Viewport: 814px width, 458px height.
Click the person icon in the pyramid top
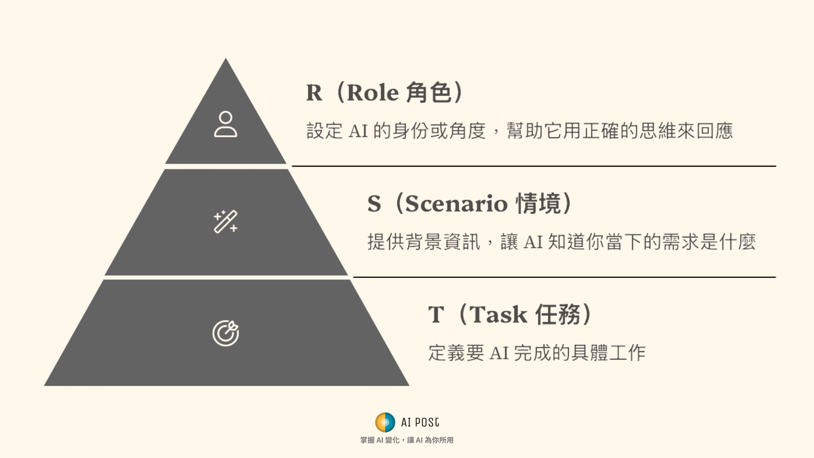pyautogui.click(x=226, y=124)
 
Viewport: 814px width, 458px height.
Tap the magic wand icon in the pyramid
pyautogui.click(x=226, y=221)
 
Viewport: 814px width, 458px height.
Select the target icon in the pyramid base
pyautogui.click(x=226, y=333)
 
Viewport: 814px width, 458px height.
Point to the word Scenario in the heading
pyautogui.click(x=456, y=204)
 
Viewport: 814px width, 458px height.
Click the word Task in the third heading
pyautogui.click(x=498, y=315)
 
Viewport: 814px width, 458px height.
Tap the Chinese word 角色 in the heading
pyautogui.click(x=429, y=92)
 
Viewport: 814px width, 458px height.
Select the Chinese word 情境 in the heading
pyautogui.click(x=538, y=204)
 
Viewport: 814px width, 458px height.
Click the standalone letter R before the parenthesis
pyautogui.click(x=314, y=92)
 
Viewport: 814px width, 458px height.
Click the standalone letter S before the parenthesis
pyautogui.click(x=374, y=204)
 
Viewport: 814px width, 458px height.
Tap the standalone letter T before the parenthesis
pyautogui.click(x=436, y=315)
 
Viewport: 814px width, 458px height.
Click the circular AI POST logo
pyautogui.click(x=385, y=422)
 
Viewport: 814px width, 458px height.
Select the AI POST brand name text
pyautogui.click(x=420, y=422)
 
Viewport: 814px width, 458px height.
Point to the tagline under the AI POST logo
pyautogui.click(x=407, y=440)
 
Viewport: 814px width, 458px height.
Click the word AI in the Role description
pyautogui.click(x=358, y=131)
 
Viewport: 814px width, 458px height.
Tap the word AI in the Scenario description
pyautogui.click(x=533, y=242)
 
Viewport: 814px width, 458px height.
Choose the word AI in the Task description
pyautogui.click(x=499, y=353)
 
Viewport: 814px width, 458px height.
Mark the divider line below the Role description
pyautogui.click(x=534, y=166)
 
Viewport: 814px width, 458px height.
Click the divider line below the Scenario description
pyautogui.click(x=564, y=277)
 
